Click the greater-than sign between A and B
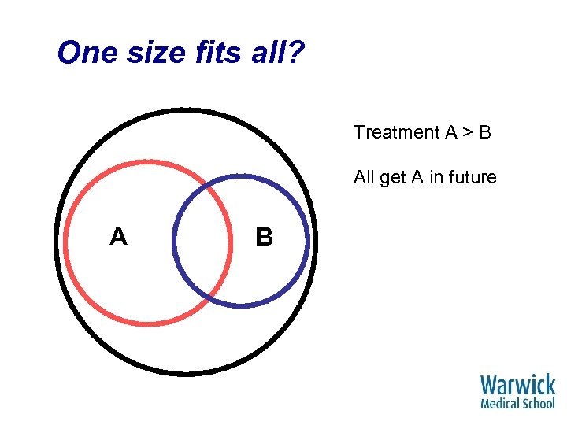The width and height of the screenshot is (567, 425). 467,132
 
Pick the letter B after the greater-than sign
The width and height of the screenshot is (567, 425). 485,132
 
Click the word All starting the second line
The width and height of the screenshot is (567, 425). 365,177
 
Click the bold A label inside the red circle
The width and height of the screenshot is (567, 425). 118,236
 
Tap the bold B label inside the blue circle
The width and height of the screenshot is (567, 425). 265,237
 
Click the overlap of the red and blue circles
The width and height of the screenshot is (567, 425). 203,240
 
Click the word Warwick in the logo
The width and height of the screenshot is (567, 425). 518,386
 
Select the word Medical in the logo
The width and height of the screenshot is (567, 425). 500,404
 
